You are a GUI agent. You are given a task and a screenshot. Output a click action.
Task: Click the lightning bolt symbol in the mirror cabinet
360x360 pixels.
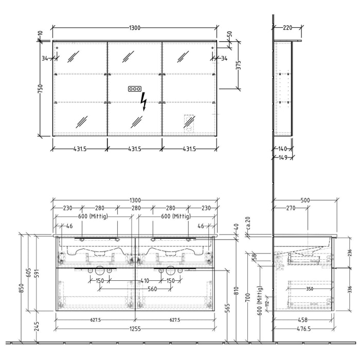tap(143, 101)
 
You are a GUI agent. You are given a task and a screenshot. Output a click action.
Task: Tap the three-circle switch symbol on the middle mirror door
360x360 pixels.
tap(135, 89)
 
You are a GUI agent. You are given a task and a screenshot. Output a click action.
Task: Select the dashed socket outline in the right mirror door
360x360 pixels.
tap(189, 124)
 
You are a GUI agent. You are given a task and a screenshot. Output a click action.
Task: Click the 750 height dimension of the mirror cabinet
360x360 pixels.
tap(40, 88)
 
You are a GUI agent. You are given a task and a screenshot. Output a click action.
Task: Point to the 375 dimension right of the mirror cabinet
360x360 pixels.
tap(239, 65)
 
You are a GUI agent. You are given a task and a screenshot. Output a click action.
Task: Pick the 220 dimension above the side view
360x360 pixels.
tap(287, 28)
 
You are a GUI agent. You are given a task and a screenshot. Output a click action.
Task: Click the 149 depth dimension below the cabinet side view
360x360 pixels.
tap(283, 158)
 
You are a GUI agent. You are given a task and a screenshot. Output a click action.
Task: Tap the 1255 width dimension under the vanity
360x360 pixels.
tap(135, 329)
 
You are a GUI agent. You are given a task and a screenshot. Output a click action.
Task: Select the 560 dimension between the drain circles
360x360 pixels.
tap(152, 289)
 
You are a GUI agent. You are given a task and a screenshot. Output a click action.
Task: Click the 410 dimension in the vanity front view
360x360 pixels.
tap(145, 281)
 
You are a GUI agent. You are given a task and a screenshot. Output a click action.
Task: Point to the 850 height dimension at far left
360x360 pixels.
tap(21, 289)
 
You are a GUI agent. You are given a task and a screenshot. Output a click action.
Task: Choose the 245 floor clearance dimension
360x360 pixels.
tap(37, 326)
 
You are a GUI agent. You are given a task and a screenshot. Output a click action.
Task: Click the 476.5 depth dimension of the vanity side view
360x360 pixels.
tap(303, 329)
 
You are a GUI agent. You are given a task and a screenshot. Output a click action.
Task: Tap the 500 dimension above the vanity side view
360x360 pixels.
tap(305, 201)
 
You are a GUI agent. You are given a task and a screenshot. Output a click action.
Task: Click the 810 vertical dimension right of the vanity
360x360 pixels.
tap(237, 291)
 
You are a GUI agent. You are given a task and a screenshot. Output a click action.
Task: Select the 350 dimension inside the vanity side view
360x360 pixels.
tap(310, 289)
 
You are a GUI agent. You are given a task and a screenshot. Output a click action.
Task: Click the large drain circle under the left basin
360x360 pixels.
tap(100, 271)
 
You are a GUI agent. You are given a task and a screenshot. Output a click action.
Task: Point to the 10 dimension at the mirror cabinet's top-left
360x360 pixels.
tap(41, 32)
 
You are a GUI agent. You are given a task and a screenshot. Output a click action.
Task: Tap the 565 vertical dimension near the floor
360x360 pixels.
tap(227, 308)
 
